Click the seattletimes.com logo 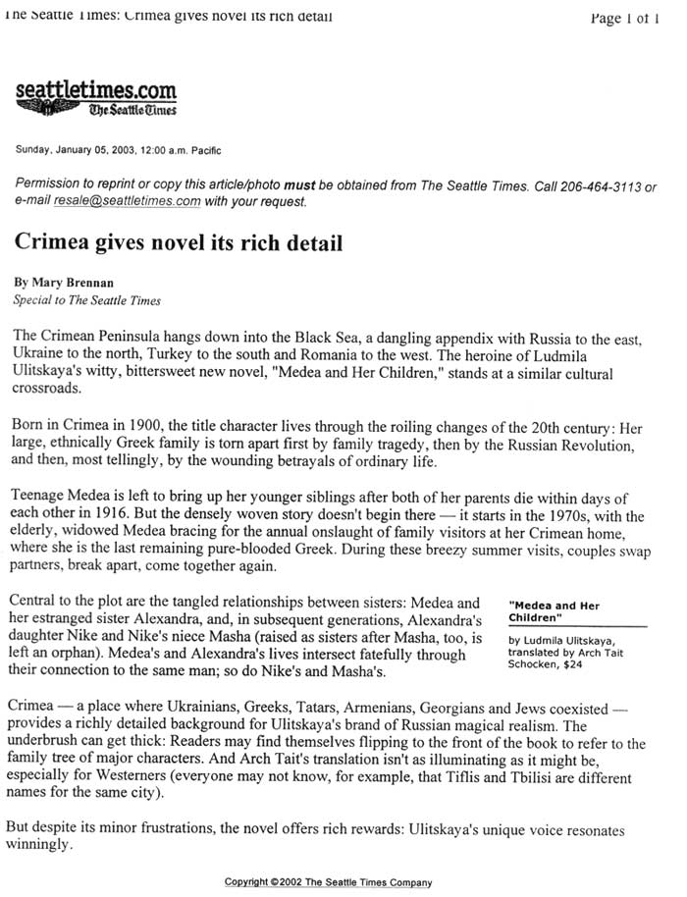[96, 97]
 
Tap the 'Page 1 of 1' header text [623, 17]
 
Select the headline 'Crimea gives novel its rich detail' [178, 241]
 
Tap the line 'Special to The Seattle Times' [86, 300]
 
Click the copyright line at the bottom [328, 881]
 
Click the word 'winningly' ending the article [44, 842]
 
